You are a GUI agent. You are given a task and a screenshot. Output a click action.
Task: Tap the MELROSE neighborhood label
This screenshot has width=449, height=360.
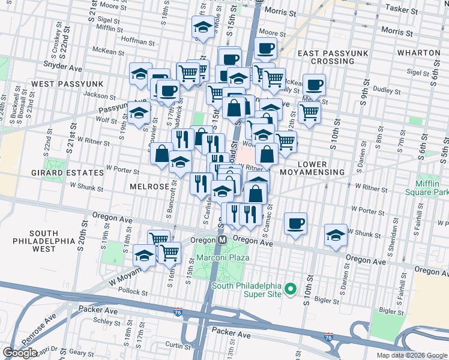click(149, 187)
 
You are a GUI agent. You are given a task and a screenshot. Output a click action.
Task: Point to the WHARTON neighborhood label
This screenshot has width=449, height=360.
click(419, 53)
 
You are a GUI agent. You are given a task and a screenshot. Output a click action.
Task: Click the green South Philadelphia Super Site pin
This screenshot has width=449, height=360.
click(291, 289)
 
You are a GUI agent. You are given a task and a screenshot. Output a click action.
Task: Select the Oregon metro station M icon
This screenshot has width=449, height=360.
click(221, 239)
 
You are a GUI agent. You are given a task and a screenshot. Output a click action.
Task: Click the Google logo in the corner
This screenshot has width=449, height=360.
click(20, 353)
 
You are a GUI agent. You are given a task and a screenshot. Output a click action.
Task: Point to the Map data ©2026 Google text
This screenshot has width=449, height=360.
click(412, 355)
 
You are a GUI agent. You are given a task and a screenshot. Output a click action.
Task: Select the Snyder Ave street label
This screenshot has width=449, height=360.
click(62, 61)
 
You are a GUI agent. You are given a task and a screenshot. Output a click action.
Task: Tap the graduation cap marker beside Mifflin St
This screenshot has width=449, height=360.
click(203, 28)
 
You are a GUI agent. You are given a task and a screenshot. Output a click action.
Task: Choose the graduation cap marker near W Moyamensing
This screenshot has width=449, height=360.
click(144, 256)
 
